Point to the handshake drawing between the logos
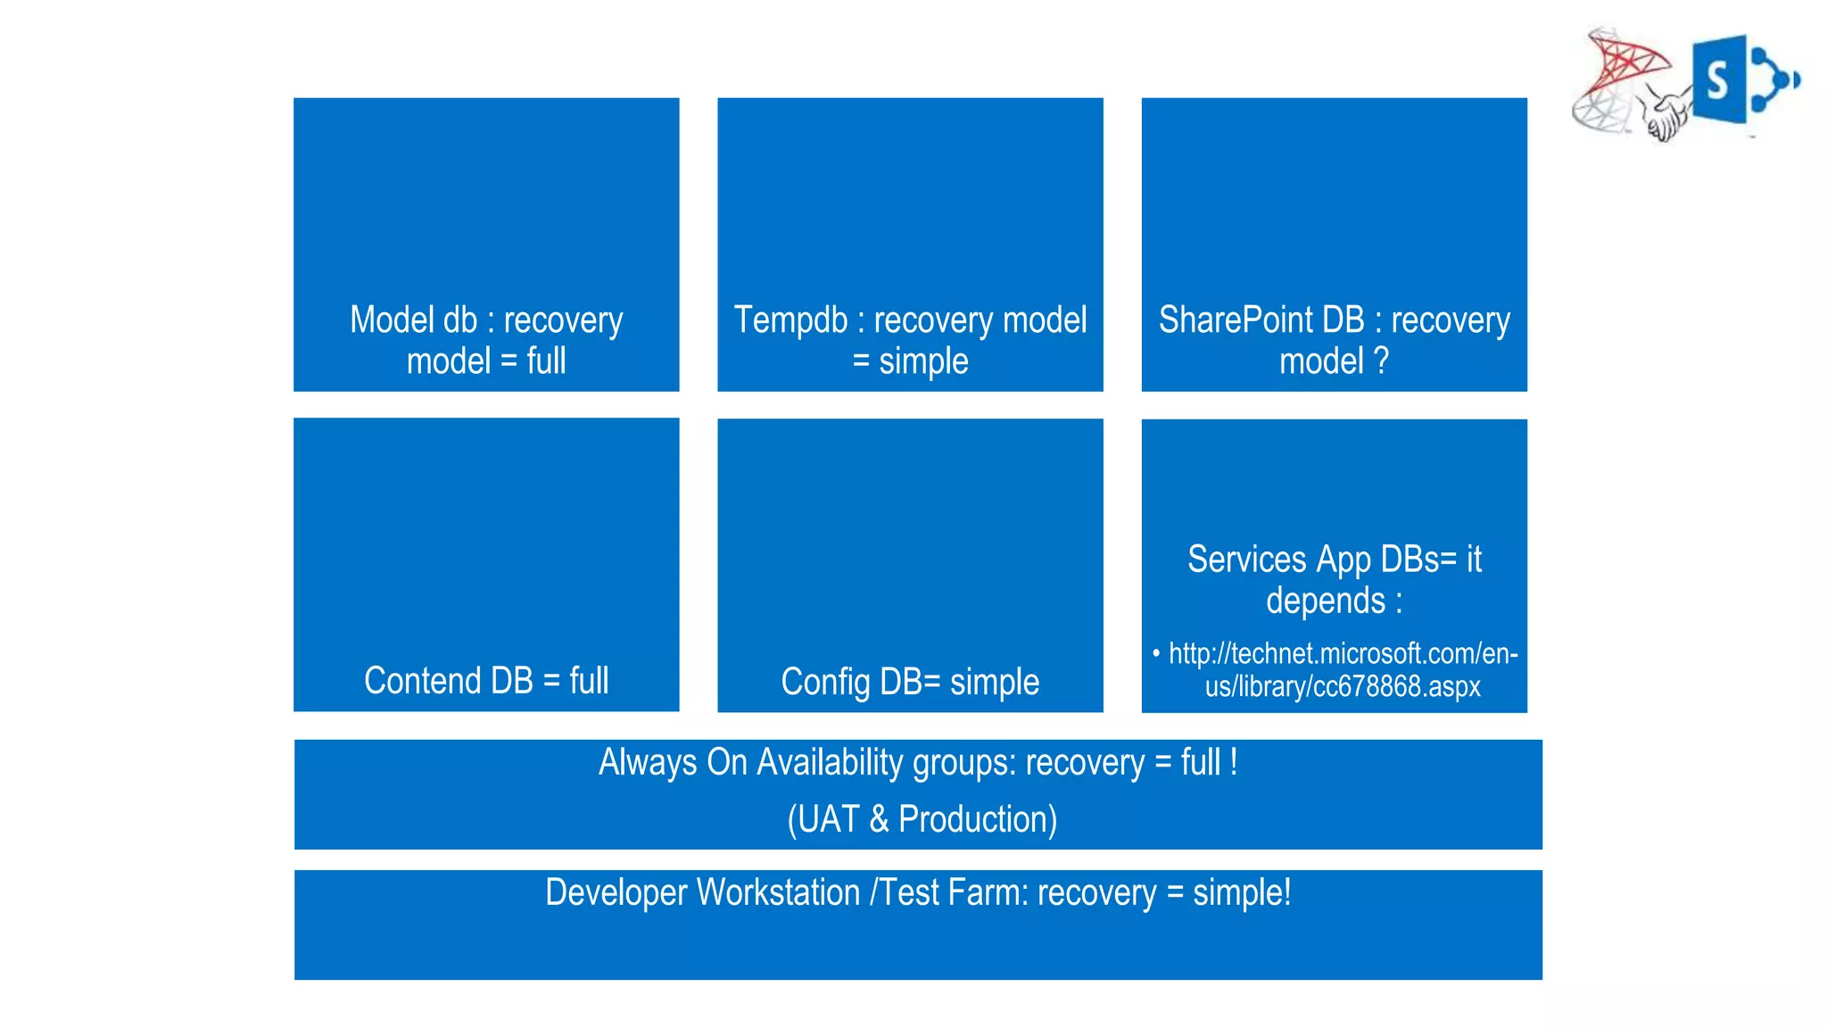coord(1666,114)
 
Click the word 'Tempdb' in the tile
coord(789,320)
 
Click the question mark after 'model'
coord(1380,361)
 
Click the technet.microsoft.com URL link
coord(1342,670)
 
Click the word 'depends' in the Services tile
coord(1325,601)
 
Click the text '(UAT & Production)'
coord(922,819)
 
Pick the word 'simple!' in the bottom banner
coord(1242,893)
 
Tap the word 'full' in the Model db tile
coord(546,361)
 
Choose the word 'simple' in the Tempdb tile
coord(923,361)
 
